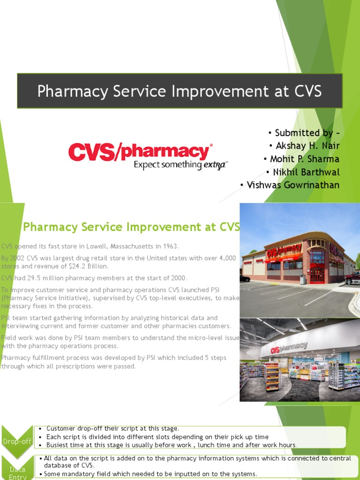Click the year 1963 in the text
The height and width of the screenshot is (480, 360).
point(169,247)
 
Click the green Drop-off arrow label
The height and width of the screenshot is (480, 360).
point(17,441)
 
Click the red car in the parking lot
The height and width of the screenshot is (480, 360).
point(352,278)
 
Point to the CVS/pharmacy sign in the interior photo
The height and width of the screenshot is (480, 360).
point(289,348)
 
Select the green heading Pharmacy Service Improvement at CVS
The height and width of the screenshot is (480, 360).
point(131,227)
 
